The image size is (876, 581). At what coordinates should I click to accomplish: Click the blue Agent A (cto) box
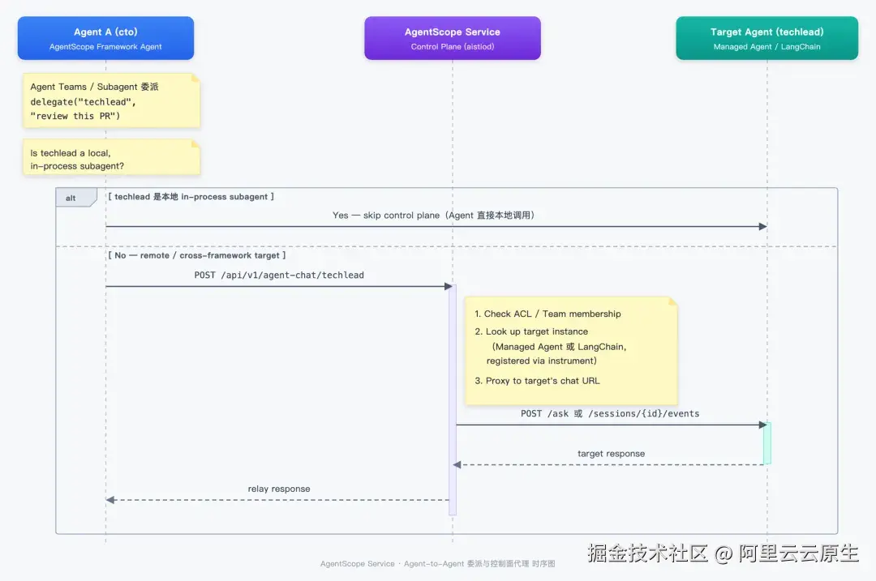[x=105, y=38]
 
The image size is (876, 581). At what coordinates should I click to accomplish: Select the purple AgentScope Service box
[x=453, y=38]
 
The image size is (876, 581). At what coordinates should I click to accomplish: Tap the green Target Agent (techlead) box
[x=767, y=38]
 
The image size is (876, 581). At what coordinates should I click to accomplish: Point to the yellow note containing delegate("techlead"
[x=111, y=101]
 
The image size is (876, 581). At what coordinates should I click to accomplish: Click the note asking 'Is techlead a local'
[x=111, y=158]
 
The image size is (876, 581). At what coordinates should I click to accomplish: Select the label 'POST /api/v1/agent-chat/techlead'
[x=279, y=276]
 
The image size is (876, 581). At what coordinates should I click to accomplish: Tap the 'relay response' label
[x=279, y=489]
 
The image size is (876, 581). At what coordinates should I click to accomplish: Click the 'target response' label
[x=612, y=454]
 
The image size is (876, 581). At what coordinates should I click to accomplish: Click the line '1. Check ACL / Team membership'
[x=547, y=314]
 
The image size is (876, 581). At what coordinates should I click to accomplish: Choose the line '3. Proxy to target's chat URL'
[x=537, y=381]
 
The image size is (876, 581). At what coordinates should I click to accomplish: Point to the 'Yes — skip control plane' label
[x=386, y=216]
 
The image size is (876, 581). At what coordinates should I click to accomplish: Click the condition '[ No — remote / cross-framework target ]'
[x=196, y=255]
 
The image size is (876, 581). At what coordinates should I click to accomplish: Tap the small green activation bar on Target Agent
[x=767, y=443]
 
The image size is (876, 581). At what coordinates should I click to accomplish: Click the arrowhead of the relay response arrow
[x=110, y=500]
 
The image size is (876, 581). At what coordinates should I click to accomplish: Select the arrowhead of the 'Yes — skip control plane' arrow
[x=762, y=227]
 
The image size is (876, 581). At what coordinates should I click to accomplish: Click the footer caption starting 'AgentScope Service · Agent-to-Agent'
[x=437, y=564]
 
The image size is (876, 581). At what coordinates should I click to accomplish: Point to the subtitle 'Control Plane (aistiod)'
[x=453, y=47]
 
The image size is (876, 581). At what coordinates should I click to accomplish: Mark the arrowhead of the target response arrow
[x=457, y=465]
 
